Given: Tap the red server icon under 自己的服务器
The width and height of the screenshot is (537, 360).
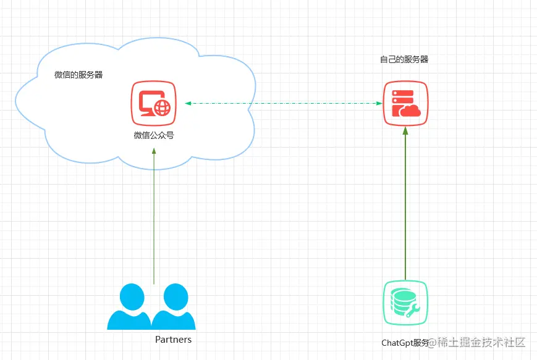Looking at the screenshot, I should coord(405,103).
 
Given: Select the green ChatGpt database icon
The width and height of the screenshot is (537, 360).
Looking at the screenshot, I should coord(405,303).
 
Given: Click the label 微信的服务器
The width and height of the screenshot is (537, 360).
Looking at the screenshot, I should coord(78,75).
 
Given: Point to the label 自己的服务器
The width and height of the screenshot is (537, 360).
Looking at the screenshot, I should coord(404,60).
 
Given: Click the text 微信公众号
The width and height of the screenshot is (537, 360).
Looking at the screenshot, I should coord(154,135).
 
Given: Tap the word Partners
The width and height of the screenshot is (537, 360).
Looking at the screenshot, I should coord(173,340).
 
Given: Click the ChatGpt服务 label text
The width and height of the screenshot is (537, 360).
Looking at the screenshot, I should coord(405,343).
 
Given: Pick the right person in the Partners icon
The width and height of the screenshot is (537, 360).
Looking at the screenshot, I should coord(173,307).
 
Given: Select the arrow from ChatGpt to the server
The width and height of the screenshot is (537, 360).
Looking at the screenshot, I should coord(405,204).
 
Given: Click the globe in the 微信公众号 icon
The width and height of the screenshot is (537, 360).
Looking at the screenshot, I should coord(163,109).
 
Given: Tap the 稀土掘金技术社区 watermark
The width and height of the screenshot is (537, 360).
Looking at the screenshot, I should coord(479,342).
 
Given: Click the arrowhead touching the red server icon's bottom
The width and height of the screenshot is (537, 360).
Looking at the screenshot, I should coord(405,130).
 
